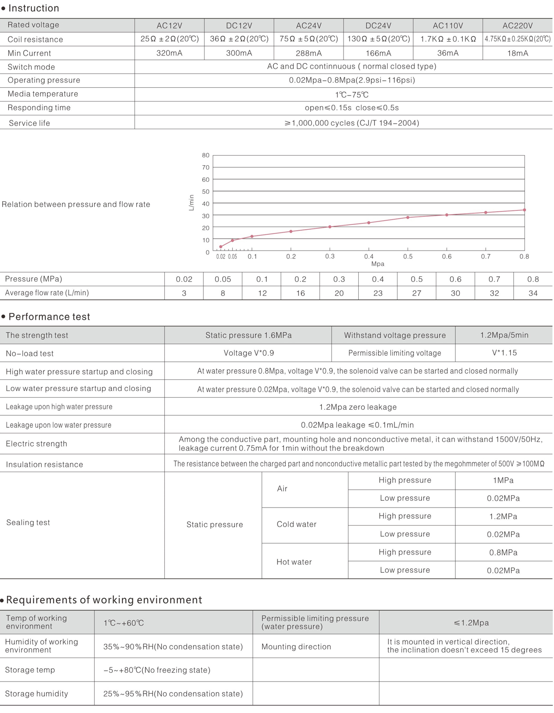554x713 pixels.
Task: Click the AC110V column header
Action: pyautogui.click(x=448, y=26)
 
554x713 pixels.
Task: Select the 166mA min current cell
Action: pyautogui.click(x=378, y=53)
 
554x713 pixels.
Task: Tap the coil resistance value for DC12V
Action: pyautogui.click(x=239, y=39)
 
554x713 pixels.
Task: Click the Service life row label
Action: pyautogui.click(x=30, y=123)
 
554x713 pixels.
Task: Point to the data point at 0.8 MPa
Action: pyautogui.click(x=524, y=210)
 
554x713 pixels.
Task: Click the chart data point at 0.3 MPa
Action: pyautogui.click(x=330, y=227)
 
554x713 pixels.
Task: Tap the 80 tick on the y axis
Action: pyautogui.click(x=205, y=156)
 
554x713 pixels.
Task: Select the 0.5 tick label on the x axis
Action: pyautogui.click(x=408, y=257)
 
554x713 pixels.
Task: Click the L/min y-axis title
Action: pyautogui.click(x=192, y=203)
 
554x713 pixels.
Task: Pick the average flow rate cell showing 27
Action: pyautogui.click(x=416, y=293)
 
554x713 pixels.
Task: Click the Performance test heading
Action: pyautogui.click(x=49, y=317)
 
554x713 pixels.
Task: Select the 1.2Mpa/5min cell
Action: pyautogui.click(x=504, y=336)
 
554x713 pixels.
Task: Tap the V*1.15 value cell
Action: pyautogui.click(x=504, y=353)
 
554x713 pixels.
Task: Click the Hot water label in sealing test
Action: pyautogui.click(x=294, y=562)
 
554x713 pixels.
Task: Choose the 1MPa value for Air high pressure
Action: pyautogui.click(x=503, y=480)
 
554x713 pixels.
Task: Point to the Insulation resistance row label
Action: pyautogui.click(x=44, y=465)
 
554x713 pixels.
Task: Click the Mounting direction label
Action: pyautogui.click(x=296, y=647)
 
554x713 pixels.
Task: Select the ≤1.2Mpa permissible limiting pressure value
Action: pyautogui.click(x=471, y=623)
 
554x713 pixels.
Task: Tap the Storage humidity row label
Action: pyautogui.click(x=36, y=694)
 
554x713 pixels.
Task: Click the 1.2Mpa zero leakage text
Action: pyautogui.click(x=358, y=407)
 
